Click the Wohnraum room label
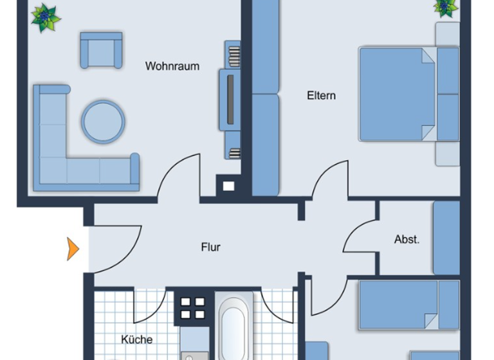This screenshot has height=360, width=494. tap(172, 66)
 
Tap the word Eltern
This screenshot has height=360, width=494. tap(321, 96)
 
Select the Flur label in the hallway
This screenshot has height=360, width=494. tap(210, 247)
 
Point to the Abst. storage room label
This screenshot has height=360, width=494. tap(407, 240)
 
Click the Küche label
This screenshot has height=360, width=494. tap(137, 339)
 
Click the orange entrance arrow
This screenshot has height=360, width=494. tap(73, 249)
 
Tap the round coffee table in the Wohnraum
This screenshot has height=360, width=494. tap(103, 121)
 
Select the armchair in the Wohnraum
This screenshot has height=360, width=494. tap(101, 50)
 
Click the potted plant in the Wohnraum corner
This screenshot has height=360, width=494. tap(46, 17)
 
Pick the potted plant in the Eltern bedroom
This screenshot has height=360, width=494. tap(445, 7)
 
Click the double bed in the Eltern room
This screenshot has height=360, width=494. tap(399, 93)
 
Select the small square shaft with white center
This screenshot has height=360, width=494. tap(228, 186)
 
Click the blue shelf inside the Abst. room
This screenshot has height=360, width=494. tap(446, 238)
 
